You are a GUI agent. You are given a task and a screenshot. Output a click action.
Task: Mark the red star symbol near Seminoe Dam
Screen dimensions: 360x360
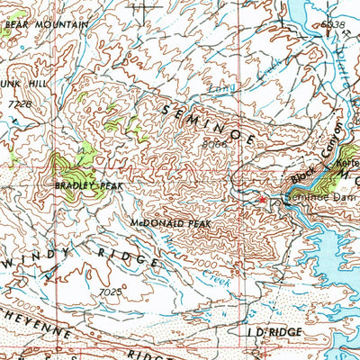[262, 199]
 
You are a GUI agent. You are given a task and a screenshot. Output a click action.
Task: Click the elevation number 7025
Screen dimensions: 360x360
[110, 292]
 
